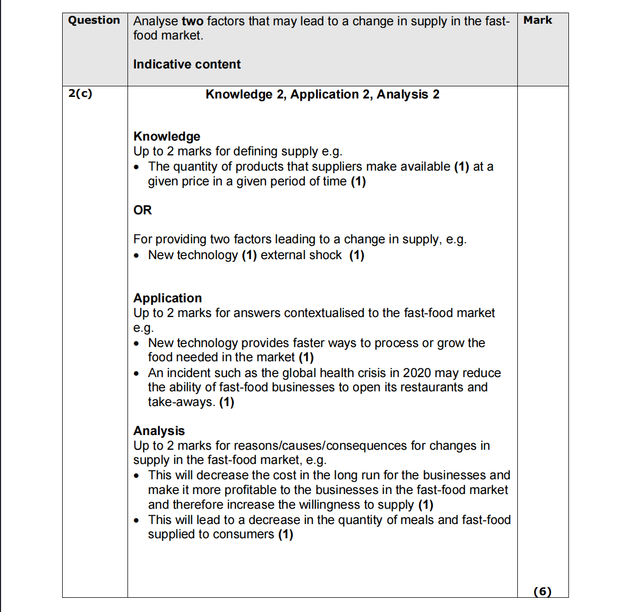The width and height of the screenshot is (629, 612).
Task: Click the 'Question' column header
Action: [x=94, y=21]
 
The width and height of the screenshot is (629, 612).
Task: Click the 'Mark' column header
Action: [x=537, y=21]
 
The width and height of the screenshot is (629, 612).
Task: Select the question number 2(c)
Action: [x=80, y=94]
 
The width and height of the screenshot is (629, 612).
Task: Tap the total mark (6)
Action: [x=542, y=591]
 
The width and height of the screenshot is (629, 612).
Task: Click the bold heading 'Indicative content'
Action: [x=186, y=64]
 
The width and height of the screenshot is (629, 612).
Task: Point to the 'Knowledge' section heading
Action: [x=166, y=136]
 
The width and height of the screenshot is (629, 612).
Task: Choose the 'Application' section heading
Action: [x=167, y=298]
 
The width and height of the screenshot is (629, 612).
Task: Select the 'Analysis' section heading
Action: [x=159, y=431]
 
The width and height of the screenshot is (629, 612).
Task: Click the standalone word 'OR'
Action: [x=142, y=210]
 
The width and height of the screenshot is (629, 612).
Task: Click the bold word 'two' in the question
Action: [x=192, y=21]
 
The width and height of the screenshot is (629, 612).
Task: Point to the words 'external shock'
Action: [x=301, y=255]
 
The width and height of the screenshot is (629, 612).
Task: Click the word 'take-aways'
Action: [x=181, y=402]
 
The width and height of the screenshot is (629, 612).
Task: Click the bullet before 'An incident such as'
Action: [x=137, y=373]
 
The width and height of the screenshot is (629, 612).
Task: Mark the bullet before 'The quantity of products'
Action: [x=137, y=167]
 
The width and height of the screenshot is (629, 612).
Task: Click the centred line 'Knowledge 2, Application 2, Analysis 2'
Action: [x=322, y=94]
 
